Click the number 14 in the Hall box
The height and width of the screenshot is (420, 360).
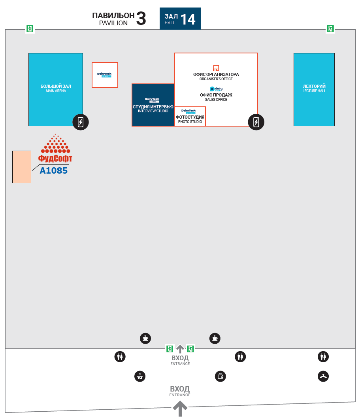[188, 19]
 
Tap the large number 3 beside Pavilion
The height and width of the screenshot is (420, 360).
[141, 19]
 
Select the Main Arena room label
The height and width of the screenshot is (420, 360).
[56, 88]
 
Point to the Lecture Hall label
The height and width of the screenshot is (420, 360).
[314, 88]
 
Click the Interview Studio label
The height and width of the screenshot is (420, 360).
[153, 109]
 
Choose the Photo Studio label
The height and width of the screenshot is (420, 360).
[190, 119]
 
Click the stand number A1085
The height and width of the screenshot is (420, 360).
[54, 170]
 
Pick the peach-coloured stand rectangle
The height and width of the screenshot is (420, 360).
[22, 166]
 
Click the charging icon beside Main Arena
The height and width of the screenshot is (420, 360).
[81, 122]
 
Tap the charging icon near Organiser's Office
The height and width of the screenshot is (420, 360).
[256, 122]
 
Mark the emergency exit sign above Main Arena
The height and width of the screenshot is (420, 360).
[30, 28]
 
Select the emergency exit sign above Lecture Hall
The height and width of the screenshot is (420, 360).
[330, 28]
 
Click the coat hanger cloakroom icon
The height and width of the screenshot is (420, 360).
[323, 376]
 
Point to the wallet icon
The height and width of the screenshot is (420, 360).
[220, 376]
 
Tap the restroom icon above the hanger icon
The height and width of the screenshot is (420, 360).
[323, 357]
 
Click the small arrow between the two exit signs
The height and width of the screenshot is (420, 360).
[180, 348]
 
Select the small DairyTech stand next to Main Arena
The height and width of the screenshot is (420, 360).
[105, 75]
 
